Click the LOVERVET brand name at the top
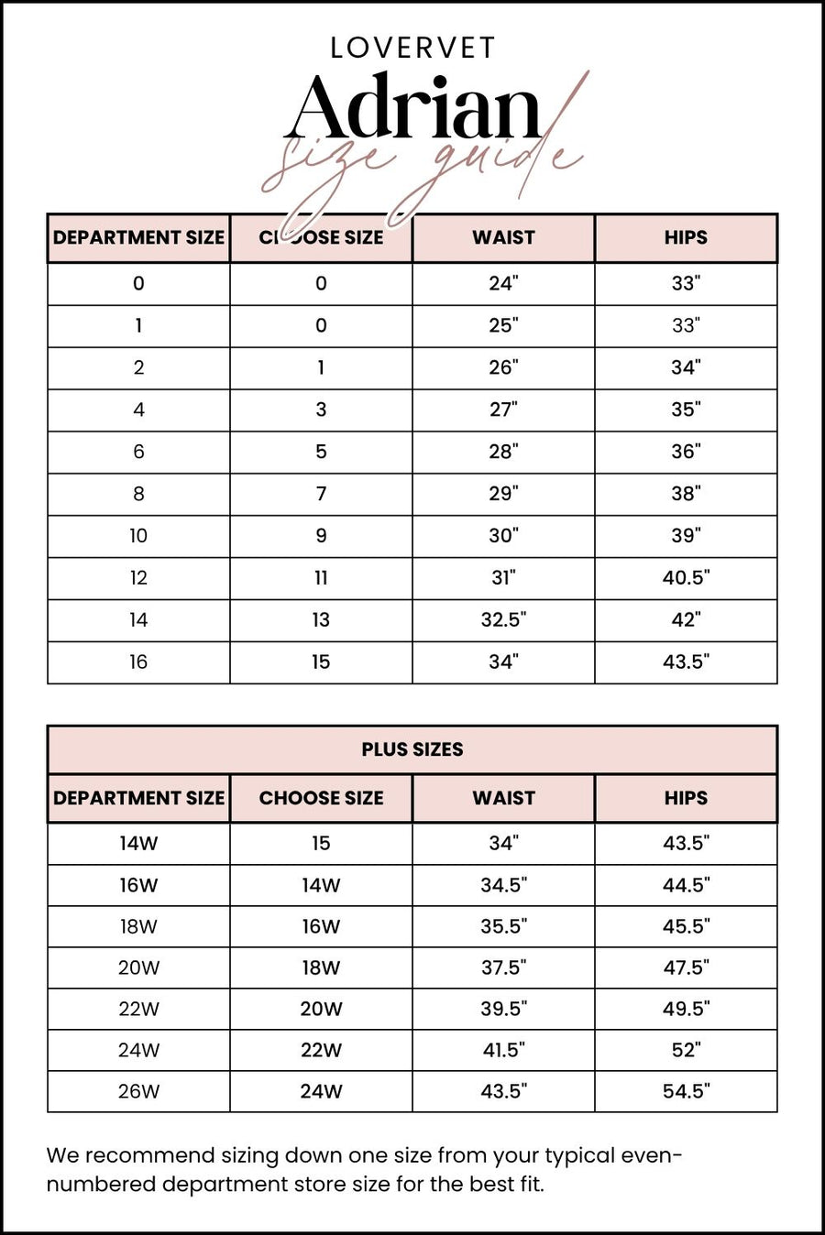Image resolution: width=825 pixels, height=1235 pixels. [412, 48]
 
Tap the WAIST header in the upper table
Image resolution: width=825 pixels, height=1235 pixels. [503, 237]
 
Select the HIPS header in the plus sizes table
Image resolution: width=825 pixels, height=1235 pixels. [686, 798]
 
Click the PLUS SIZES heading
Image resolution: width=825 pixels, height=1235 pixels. [412, 749]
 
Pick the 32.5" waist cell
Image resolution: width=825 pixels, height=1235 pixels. [503, 620]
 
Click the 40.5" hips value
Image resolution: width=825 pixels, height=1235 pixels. [686, 578]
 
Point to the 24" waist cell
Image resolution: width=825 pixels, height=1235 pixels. [503, 283]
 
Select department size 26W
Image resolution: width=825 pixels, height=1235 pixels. [138, 1091]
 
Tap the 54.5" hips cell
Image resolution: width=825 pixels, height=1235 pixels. [686, 1091]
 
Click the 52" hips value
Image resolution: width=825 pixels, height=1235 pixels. [686, 1050]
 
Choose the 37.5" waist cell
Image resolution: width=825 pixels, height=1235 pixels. [503, 967]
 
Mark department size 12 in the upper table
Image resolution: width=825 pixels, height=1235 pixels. [138, 578]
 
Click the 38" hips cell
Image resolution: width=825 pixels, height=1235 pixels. [686, 494]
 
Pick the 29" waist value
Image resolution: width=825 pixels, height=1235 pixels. [503, 494]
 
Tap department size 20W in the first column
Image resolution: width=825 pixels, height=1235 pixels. [138, 967]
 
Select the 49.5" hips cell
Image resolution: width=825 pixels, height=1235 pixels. [686, 1009]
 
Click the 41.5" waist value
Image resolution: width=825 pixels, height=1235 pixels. [503, 1050]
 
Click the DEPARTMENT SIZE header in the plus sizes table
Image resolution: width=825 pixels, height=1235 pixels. [138, 798]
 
